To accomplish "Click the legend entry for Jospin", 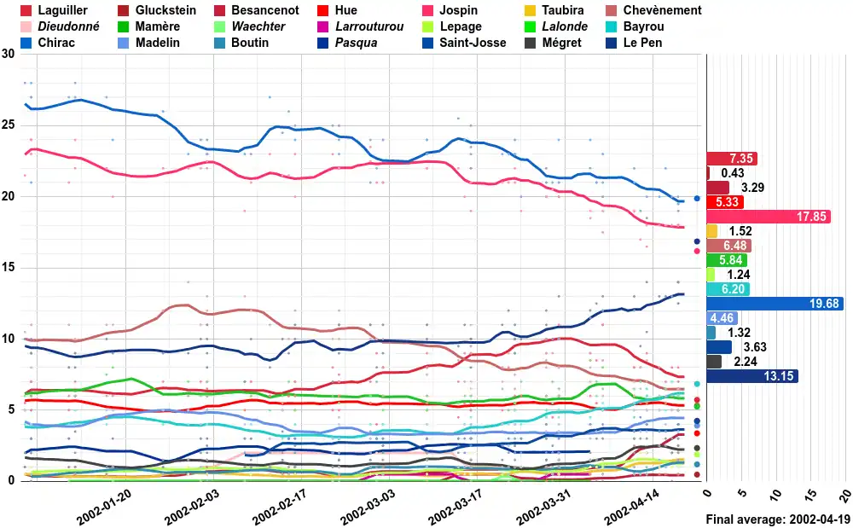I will point(459,10).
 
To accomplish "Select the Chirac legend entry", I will point(57,43).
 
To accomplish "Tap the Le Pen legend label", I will point(642,43).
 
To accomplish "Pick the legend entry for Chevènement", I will point(662,10).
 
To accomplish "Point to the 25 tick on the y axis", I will point(9,125).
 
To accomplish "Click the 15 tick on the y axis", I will point(9,268).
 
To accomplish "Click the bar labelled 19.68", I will point(776,304).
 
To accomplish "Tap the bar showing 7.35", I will point(732,159).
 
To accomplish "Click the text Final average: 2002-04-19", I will point(778,519).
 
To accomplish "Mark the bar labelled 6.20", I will point(728,289).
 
